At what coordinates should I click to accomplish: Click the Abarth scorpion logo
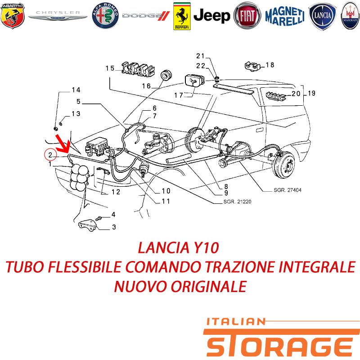tap(13, 16)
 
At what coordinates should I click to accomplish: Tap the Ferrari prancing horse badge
tap(182, 16)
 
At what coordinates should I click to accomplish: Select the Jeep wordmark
tap(211, 16)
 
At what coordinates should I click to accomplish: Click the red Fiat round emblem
tap(247, 16)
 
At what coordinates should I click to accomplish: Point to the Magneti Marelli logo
tap(285, 16)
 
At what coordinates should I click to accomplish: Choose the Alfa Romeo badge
tap(105, 16)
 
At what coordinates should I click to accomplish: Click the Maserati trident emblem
tap(351, 16)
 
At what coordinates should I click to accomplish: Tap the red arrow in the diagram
tap(63, 144)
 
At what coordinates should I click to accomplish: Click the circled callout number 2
tap(50, 155)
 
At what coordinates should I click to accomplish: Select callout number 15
tap(110, 68)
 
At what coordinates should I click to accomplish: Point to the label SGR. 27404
tap(288, 190)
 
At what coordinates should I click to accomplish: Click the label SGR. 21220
tap(238, 202)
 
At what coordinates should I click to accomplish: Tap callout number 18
tap(270, 65)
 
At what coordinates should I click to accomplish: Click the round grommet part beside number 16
tap(166, 75)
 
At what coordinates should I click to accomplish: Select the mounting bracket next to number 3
tap(88, 225)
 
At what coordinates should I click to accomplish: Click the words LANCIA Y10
tap(178, 248)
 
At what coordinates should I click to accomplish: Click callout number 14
tap(76, 90)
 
